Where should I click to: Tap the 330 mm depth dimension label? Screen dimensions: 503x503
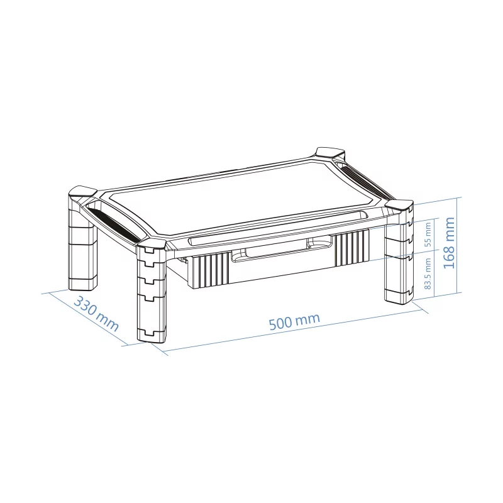pos(96,314)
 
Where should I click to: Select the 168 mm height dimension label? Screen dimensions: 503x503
pos(449,243)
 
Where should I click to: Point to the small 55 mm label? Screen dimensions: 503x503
pos(428,234)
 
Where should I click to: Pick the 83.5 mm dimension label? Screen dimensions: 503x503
pos(428,274)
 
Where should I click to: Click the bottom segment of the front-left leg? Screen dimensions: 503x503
pos(152,334)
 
